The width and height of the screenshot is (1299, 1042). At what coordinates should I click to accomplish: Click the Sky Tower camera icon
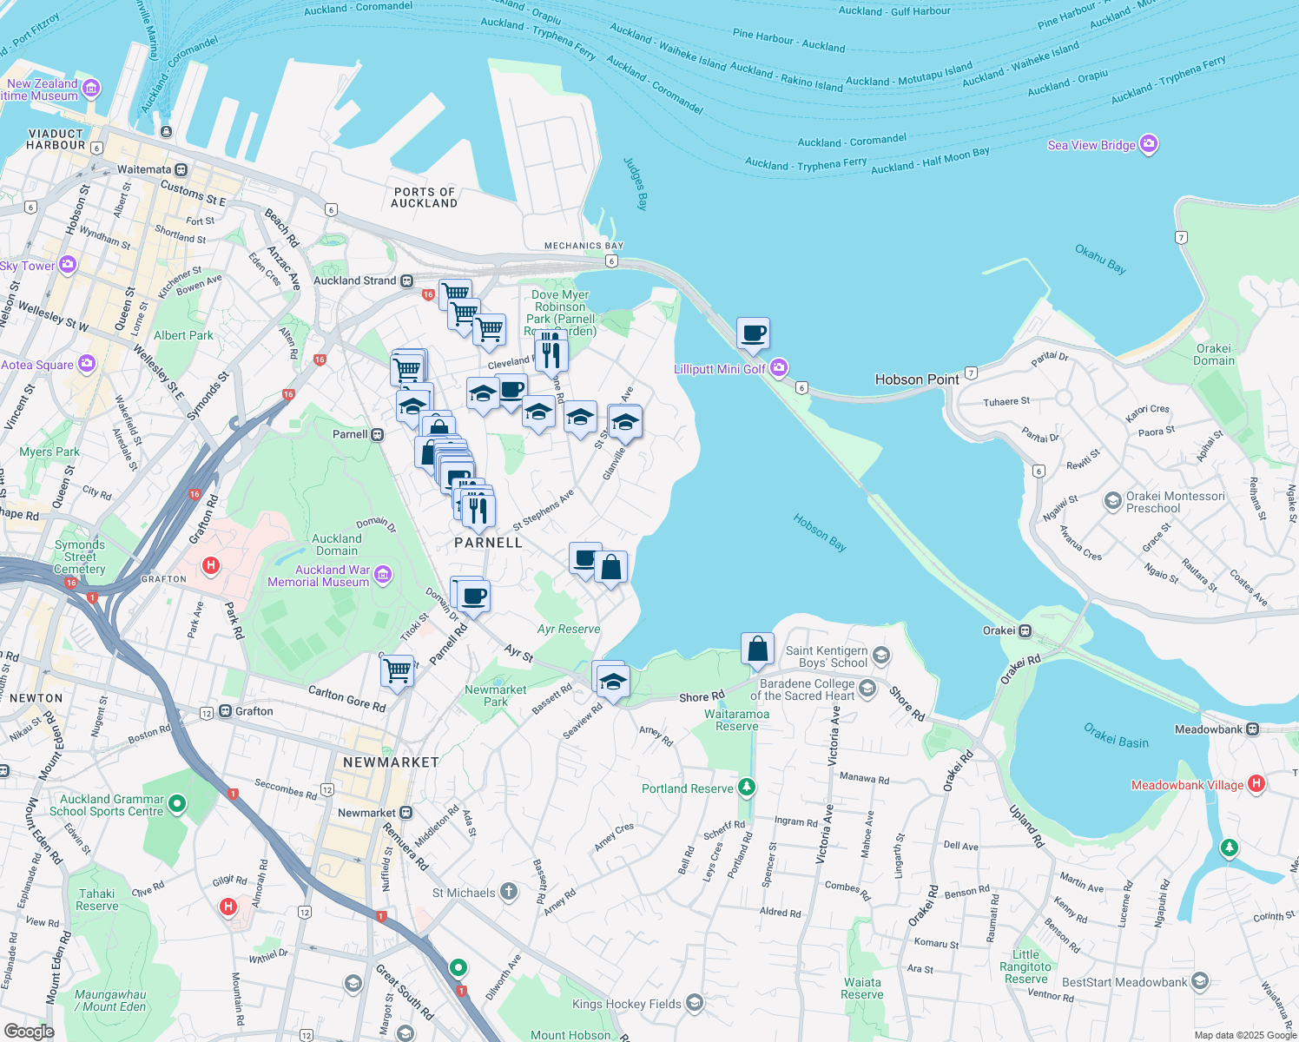tap(68, 265)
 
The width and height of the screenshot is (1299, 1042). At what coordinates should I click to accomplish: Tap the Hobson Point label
tap(917, 379)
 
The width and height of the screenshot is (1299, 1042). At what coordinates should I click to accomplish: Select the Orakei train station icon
tap(1025, 630)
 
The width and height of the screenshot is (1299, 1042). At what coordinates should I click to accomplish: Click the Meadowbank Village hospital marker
tap(1256, 784)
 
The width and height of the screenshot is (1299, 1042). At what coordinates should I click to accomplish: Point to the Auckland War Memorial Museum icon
tap(383, 575)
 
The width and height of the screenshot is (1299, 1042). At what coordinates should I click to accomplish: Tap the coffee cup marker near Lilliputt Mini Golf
tap(754, 333)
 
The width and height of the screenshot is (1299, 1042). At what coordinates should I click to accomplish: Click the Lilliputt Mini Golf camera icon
tap(779, 368)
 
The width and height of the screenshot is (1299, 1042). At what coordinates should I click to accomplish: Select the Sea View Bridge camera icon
tap(1149, 144)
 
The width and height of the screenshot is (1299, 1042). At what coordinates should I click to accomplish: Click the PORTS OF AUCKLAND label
tap(424, 197)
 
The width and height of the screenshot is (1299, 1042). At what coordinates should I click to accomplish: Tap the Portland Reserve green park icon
tap(747, 788)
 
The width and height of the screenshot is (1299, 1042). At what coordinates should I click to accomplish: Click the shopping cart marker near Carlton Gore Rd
tap(398, 670)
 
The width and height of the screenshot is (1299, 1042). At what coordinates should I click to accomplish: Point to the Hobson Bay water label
tap(820, 532)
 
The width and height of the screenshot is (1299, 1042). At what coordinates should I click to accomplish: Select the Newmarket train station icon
tap(406, 813)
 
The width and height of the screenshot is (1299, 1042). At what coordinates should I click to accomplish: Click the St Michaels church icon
tap(509, 892)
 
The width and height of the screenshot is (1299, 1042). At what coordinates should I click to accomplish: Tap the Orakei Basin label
tap(1116, 735)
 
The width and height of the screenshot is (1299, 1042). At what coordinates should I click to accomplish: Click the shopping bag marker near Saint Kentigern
tap(757, 649)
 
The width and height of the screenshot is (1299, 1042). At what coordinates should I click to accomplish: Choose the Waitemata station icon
tap(181, 169)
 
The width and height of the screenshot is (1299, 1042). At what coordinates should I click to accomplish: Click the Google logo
tap(29, 1032)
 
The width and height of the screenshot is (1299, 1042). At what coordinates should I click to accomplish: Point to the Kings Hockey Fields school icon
tap(694, 1004)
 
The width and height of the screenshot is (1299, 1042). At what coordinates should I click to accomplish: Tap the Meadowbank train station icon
tap(1252, 729)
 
